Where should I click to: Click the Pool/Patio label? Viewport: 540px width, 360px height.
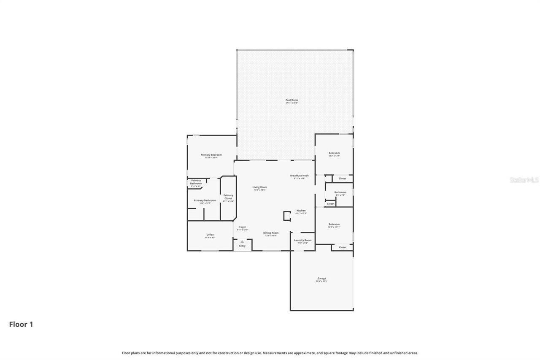292,100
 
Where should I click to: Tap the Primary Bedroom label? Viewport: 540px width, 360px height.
211,155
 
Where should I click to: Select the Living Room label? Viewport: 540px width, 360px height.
259,187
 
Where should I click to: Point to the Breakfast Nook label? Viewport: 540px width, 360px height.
299,176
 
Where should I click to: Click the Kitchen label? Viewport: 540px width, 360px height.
301,211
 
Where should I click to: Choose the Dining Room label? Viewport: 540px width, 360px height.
270,233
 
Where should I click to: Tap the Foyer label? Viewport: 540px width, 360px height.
243,227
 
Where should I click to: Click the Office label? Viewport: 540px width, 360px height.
210,235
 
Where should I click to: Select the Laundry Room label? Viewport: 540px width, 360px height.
302,241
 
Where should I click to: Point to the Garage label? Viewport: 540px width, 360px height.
321,279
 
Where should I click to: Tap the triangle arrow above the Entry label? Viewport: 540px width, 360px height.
242,241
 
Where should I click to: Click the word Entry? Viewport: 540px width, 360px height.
242,246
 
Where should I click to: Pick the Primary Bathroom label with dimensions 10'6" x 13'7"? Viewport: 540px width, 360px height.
205,200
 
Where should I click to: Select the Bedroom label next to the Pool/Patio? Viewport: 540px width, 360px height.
334,153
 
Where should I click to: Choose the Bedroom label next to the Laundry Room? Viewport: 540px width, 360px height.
334,225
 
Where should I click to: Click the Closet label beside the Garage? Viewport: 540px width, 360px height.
343,247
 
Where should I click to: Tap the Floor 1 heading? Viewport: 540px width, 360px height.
21,325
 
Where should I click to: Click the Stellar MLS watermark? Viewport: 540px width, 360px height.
524,180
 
